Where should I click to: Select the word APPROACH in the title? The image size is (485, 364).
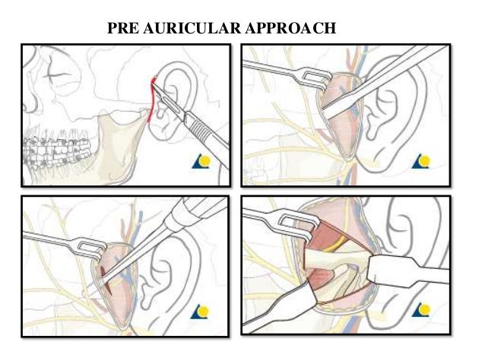pos(293,30)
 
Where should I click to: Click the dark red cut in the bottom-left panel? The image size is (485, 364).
pos(106,281)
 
